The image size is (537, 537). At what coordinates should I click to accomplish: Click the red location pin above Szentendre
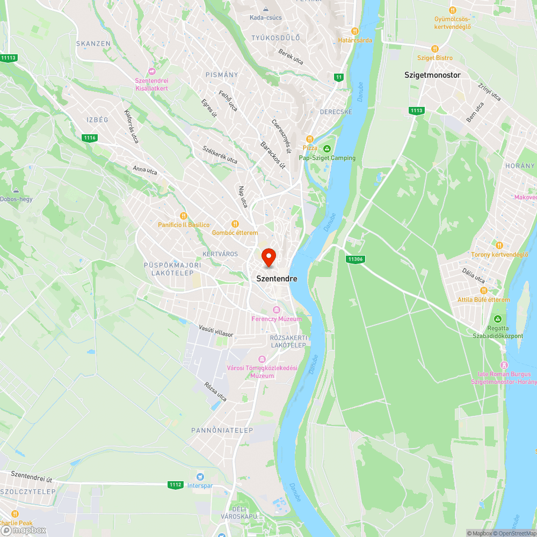coord(268,257)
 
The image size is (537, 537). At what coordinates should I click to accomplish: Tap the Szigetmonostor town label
coord(432,75)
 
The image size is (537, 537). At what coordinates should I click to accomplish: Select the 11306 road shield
coord(355,259)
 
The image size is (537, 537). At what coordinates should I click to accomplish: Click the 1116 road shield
coord(90,138)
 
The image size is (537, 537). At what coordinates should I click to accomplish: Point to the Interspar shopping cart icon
coord(200,476)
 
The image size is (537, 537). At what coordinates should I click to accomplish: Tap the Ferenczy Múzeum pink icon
coord(277,310)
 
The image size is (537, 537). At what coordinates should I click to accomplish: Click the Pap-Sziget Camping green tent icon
coord(327,149)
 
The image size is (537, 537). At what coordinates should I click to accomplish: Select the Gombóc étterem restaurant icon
coord(235,223)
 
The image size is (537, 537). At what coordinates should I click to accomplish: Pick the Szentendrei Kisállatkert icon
coord(152,71)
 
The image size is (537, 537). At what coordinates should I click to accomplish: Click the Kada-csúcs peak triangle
coord(265,9)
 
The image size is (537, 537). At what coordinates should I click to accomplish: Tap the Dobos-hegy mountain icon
coord(16,190)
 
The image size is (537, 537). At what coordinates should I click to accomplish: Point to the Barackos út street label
coord(273,156)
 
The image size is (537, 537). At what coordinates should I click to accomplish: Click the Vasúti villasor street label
coord(216,330)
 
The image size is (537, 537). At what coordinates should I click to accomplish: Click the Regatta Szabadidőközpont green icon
coord(497,318)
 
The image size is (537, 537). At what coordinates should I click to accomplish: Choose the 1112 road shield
coord(175,484)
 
